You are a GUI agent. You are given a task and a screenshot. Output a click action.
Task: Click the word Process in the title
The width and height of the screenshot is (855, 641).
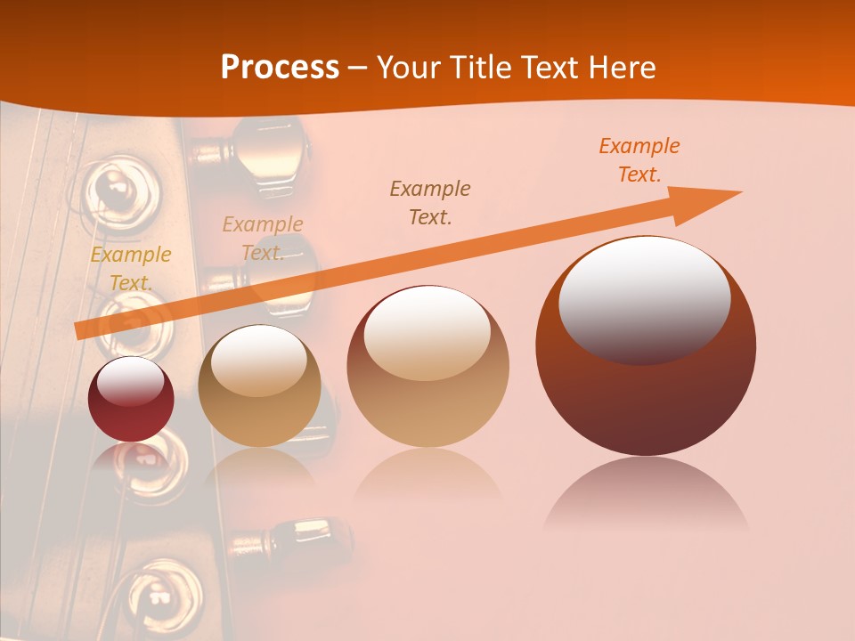[280, 68]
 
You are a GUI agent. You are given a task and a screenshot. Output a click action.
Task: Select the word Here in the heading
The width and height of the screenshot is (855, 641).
[622, 68]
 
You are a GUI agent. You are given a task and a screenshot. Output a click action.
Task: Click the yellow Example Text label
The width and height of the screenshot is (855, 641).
[130, 269]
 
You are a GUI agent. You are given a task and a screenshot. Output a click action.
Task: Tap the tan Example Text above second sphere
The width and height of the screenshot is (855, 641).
[262, 239]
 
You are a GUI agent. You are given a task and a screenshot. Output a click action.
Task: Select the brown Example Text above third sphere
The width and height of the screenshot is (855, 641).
[430, 202]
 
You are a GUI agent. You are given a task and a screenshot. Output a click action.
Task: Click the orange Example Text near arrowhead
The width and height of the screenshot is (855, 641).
[639, 160]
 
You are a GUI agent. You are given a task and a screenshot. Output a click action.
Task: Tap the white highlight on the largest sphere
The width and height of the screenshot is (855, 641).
[644, 298]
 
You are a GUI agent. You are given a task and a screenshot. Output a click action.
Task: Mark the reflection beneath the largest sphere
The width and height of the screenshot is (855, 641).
[646, 494]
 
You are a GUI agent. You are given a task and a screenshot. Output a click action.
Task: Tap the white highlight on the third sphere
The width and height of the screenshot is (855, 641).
[427, 331]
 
